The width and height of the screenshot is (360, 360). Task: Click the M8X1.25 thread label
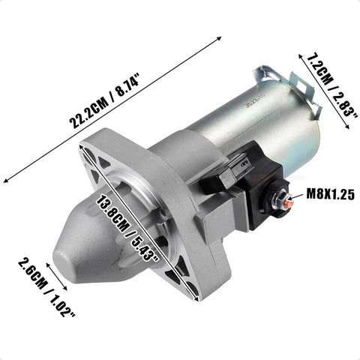click(x=331, y=193)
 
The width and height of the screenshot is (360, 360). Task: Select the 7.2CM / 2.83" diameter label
click(x=332, y=85)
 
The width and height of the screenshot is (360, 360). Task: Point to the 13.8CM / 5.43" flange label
click(x=128, y=228)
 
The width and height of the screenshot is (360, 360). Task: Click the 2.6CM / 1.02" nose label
click(x=46, y=287)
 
